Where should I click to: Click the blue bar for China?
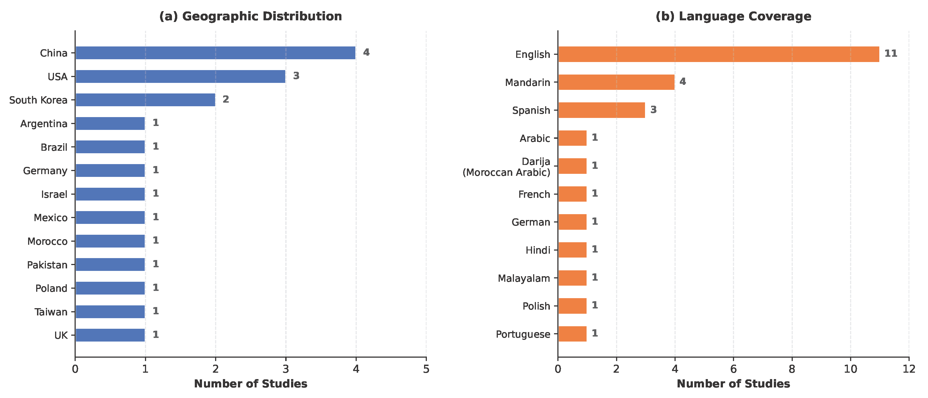(x=215, y=53)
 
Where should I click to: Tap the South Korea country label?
(x=38, y=100)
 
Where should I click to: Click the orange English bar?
(x=719, y=54)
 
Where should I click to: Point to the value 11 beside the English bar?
(x=891, y=53)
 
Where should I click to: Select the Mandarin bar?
(x=616, y=82)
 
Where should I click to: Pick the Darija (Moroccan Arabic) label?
(x=506, y=167)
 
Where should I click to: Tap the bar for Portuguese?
(x=572, y=334)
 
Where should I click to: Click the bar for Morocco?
(x=110, y=241)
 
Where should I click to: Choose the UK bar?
(x=110, y=335)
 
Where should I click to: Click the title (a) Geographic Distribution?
(x=251, y=16)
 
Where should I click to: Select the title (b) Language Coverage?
(x=733, y=16)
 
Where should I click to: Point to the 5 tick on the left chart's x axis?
(x=426, y=369)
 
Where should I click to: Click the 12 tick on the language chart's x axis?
(x=909, y=369)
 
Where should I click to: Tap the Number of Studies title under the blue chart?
(x=251, y=384)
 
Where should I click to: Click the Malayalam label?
(x=524, y=278)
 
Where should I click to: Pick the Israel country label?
(x=54, y=194)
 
